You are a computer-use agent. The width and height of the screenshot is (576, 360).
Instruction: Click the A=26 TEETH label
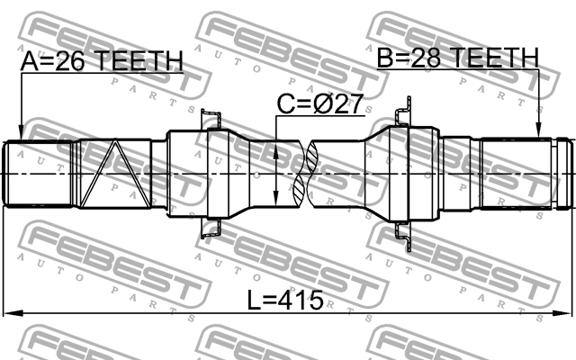(102, 61)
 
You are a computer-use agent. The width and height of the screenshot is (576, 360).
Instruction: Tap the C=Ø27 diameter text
(319, 104)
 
